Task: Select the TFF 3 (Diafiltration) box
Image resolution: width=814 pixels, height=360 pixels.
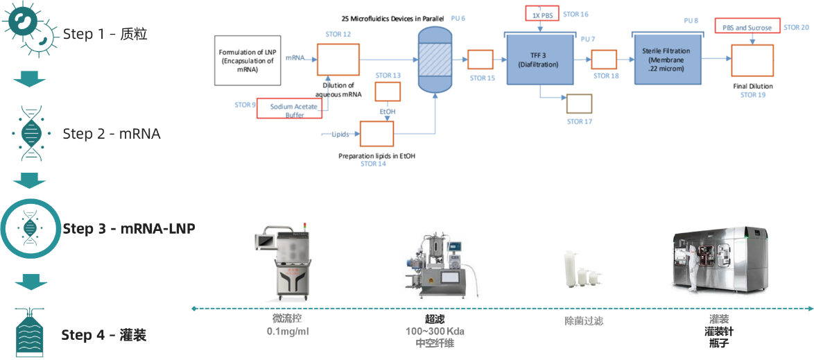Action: tap(537, 59)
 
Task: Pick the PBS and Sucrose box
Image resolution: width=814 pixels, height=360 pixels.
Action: tap(746, 28)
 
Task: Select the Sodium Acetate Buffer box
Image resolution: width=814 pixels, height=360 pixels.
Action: tap(293, 108)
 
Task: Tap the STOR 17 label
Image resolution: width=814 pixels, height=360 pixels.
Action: tap(580, 121)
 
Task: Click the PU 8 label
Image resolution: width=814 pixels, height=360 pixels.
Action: tap(691, 21)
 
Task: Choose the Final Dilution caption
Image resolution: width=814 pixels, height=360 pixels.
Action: tap(752, 87)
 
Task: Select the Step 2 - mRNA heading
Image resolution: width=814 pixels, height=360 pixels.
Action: tap(111, 133)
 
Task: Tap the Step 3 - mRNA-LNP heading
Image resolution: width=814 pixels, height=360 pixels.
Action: tap(128, 228)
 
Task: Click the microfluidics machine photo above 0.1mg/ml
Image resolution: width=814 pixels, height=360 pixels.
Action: tap(284, 262)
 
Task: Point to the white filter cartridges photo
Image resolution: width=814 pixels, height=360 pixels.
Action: tap(582, 268)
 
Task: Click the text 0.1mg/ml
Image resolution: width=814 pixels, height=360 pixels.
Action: tap(287, 331)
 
